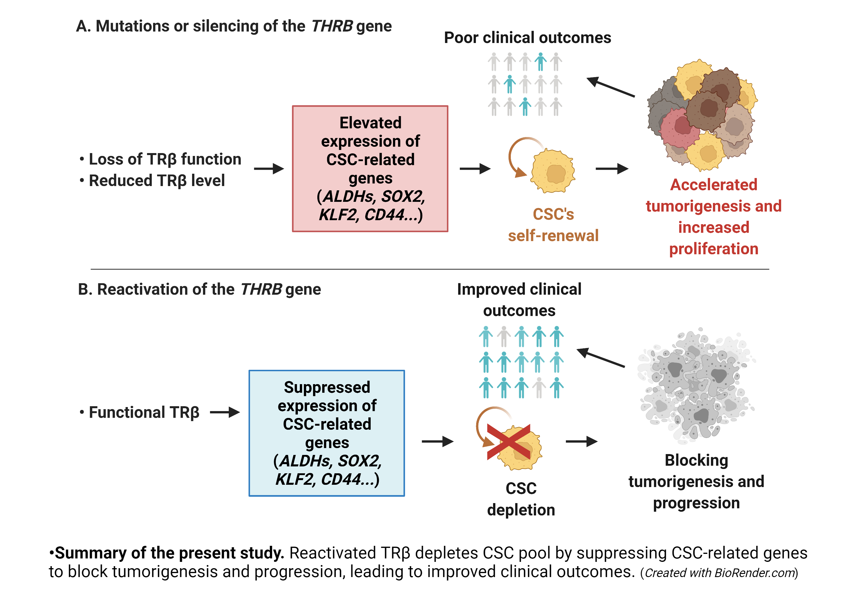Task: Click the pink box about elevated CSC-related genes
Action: tap(370, 169)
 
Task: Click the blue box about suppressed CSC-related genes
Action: tap(326, 433)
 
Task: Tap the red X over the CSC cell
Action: tap(508, 442)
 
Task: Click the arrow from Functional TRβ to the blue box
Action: tap(225, 413)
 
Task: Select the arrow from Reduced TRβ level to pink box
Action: tap(269, 169)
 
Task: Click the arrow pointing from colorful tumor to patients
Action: tap(611, 87)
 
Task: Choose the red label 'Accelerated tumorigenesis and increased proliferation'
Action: tap(714, 216)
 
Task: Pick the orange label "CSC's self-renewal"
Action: tap(553, 225)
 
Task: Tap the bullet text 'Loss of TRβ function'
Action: tap(165, 159)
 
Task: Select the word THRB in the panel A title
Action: tap(332, 26)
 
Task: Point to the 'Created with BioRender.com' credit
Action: tap(719, 573)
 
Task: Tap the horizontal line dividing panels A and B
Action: tap(430, 269)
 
